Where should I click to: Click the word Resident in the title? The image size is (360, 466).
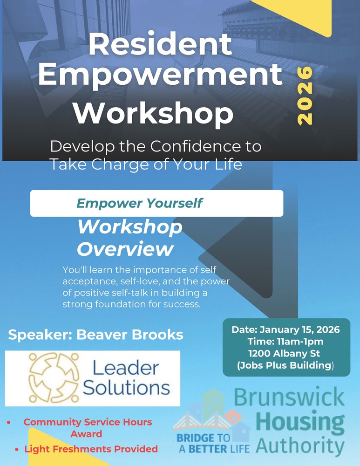click(160, 45)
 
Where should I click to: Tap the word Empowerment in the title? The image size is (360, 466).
click(160, 76)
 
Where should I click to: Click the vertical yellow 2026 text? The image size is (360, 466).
click(305, 96)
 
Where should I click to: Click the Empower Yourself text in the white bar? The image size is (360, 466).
click(139, 203)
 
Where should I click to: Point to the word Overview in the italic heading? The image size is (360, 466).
click(125, 249)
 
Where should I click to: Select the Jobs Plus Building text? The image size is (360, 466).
click(285, 365)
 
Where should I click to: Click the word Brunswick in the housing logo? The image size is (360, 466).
click(289, 398)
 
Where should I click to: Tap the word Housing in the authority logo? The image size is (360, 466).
click(300, 422)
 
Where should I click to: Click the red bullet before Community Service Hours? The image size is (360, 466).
click(9, 422)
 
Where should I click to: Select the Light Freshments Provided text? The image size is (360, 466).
click(91, 449)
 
